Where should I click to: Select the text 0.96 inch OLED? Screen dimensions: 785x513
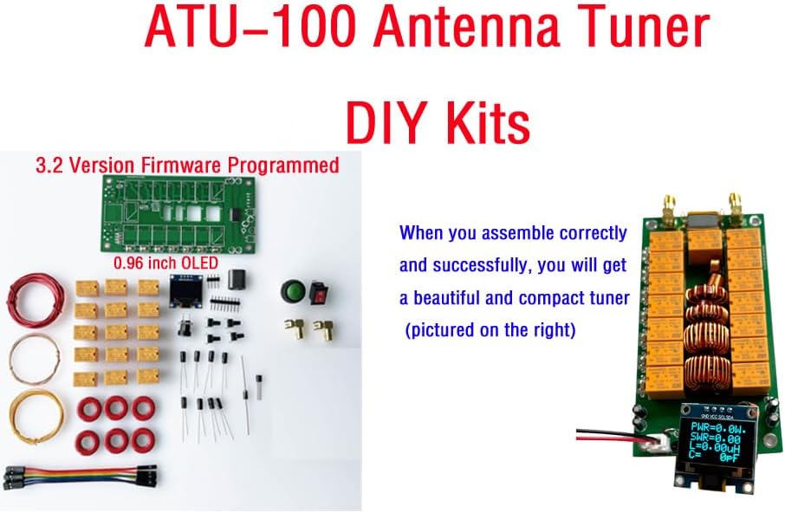pyautogui.click(x=165, y=263)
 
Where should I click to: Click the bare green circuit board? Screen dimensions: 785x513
pyautogui.click(x=178, y=214)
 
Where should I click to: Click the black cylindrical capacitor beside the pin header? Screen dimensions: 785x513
pyautogui.click(x=237, y=280)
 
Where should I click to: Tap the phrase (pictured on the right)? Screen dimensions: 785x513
pyautogui.click(x=490, y=330)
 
